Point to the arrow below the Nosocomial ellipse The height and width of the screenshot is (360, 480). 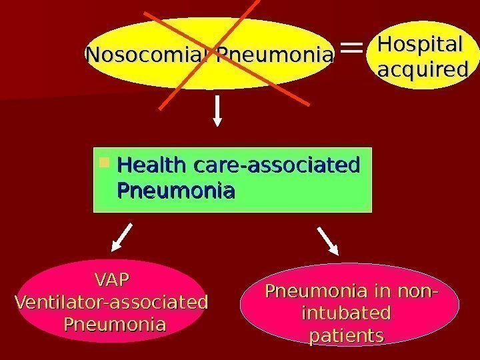(217, 110)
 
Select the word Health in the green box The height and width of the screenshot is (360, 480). (150, 163)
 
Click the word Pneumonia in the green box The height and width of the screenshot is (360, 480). (176, 191)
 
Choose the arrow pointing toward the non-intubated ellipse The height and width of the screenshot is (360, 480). (328, 241)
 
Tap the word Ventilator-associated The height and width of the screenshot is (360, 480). (111, 301)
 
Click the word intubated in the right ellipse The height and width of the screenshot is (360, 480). (345, 313)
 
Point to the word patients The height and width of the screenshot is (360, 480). (346, 335)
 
